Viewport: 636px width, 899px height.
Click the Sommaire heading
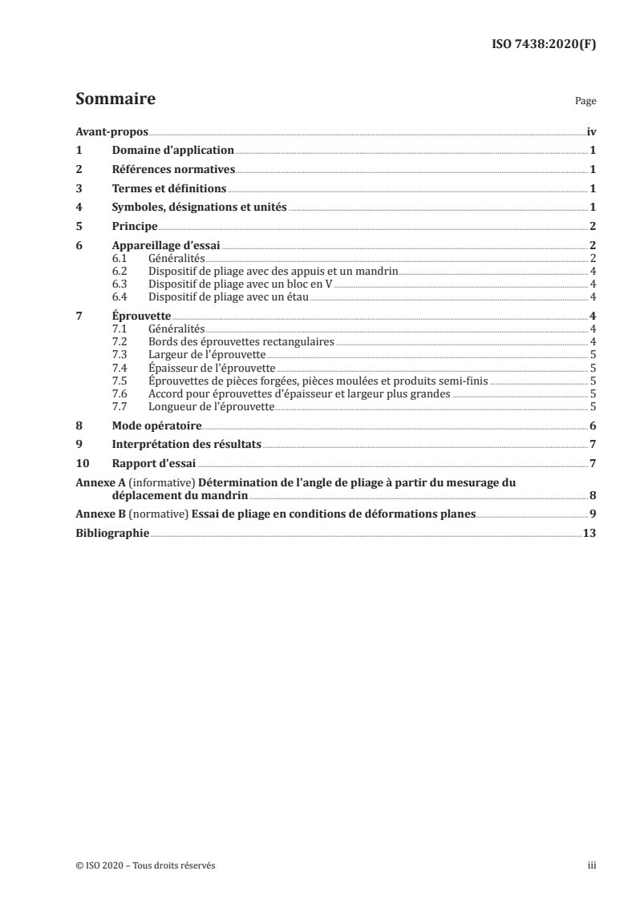point(115,99)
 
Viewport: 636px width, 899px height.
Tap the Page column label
point(585,103)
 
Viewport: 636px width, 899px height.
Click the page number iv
point(590,131)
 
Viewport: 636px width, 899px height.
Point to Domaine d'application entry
point(172,150)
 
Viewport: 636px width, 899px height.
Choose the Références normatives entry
point(173,169)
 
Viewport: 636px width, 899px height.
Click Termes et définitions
point(169,188)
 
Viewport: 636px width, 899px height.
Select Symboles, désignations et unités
point(199,208)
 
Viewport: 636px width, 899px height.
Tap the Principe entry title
point(134,227)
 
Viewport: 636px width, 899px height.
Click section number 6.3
point(118,284)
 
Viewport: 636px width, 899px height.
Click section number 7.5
point(118,381)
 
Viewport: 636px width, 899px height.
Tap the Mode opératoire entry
point(156,425)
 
